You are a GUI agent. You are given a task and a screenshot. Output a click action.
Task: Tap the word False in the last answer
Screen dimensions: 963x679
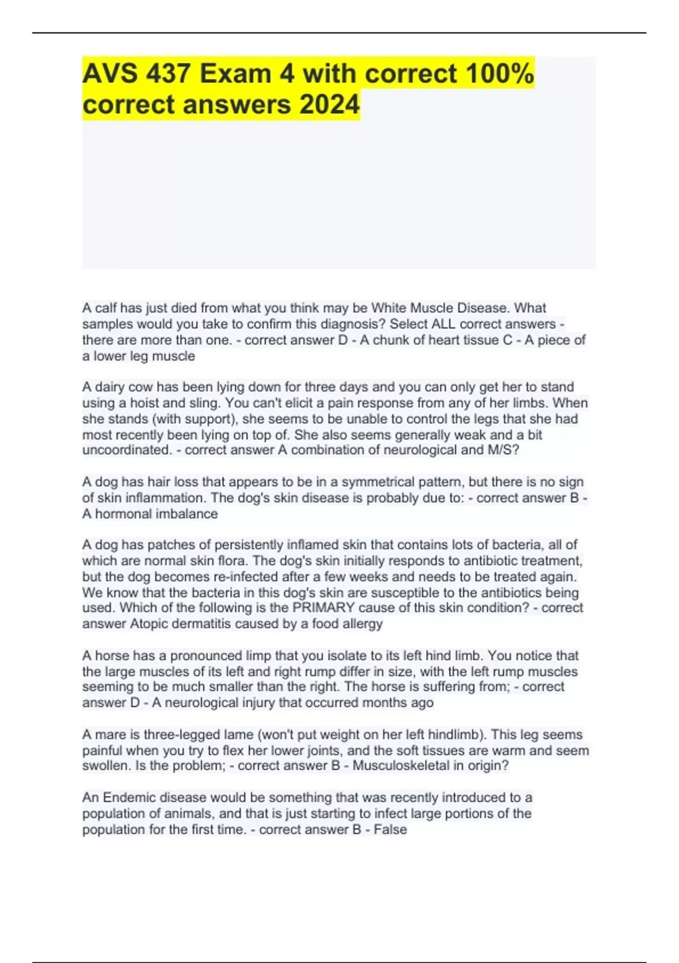tap(390, 829)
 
